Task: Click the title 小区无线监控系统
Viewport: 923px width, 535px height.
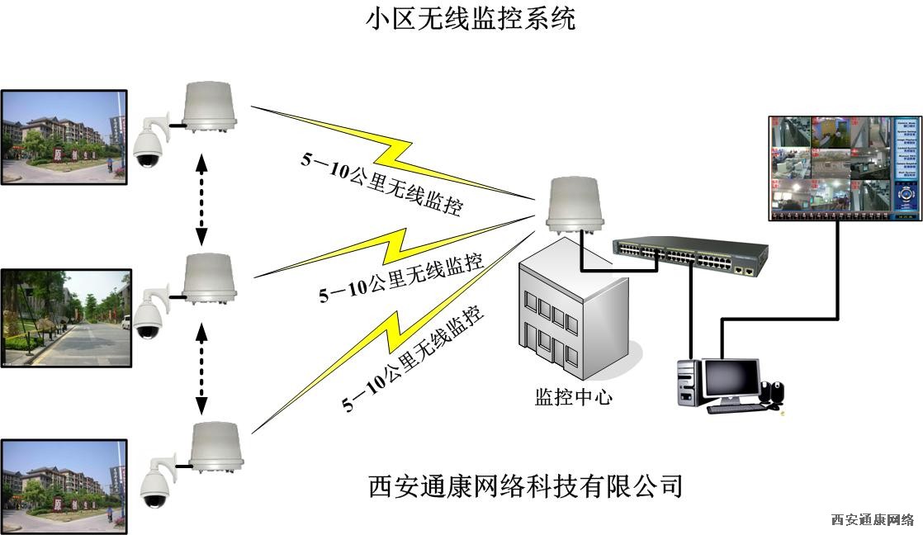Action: pos(471,18)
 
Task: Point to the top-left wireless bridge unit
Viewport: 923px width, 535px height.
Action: pos(211,107)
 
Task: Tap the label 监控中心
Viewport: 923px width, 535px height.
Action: pos(574,397)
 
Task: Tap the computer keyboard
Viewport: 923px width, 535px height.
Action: pos(735,407)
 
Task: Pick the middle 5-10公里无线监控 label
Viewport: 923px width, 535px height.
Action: pos(401,279)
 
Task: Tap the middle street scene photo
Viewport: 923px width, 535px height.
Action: pos(65,317)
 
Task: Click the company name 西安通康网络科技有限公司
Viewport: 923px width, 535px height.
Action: pos(526,485)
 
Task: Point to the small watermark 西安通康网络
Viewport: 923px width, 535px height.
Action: pos(872,520)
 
